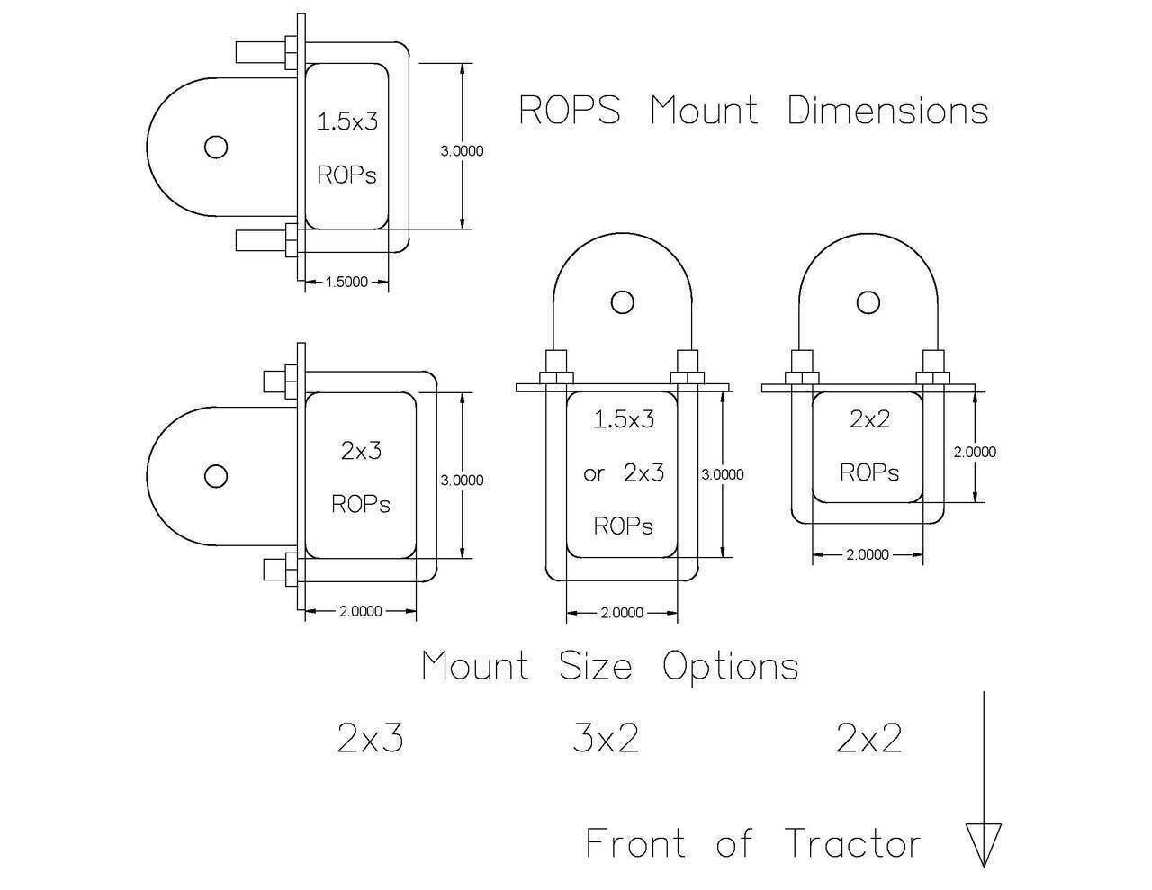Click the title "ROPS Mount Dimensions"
(753, 111)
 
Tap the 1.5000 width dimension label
(346, 282)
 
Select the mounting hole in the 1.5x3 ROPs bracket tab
(215, 147)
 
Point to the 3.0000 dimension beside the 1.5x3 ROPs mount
(462, 150)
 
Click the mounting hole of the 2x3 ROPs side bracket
(215, 476)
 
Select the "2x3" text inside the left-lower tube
(361, 450)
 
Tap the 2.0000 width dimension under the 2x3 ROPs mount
(361, 612)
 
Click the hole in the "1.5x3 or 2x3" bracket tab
(622, 301)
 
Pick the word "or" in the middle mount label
(594, 473)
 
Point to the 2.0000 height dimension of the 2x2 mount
(975, 452)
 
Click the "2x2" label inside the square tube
(869, 419)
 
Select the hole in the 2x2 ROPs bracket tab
(868, 301)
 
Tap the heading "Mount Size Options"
(610, 667)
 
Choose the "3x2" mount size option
(606, 739)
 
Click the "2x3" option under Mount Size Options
(370, 739)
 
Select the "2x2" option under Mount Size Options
(868, 739)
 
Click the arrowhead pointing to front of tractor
(983, 844)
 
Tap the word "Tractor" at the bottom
(852, 844)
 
